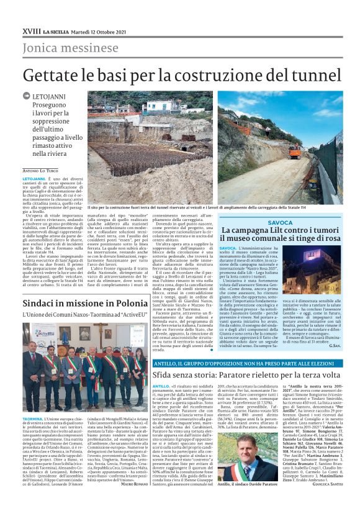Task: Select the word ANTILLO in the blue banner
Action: (166, 362)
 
